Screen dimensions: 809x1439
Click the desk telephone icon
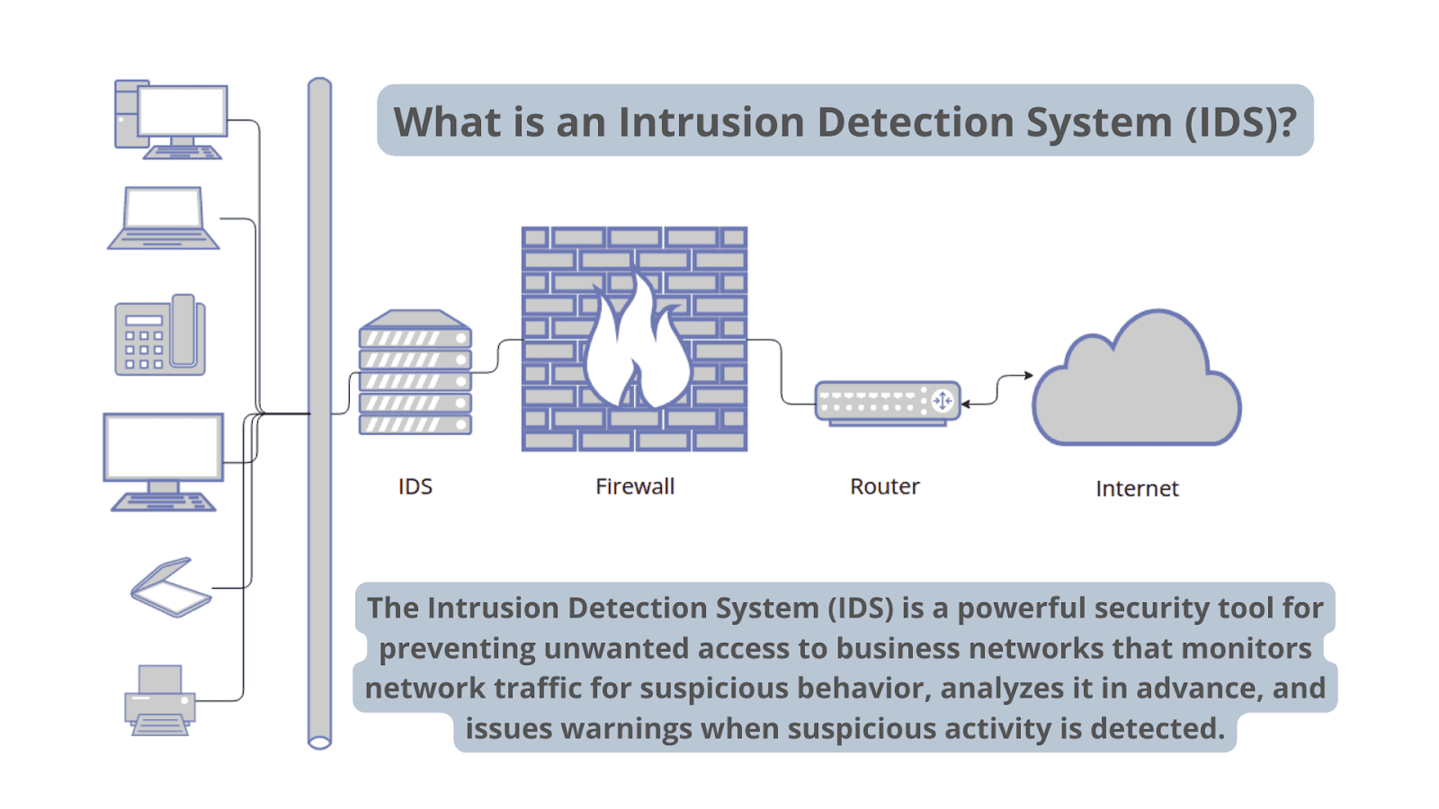click(160, 335)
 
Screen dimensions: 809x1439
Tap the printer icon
click(160, 700)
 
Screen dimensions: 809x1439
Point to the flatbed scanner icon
click(171, 588)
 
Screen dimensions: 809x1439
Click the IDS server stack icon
click(416, 373)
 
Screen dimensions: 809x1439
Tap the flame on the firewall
click(637, 346)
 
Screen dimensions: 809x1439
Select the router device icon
click(887, 402)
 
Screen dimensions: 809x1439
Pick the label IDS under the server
click(416, 486)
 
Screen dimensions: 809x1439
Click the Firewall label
click(635, 486)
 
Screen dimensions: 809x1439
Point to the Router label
click(885, 486)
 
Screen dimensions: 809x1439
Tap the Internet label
click(1137, 488)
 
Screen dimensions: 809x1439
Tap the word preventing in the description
click(457, 648)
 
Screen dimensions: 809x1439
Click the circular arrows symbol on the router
click(943, 401)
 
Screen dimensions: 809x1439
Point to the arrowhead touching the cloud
click(1029, 375)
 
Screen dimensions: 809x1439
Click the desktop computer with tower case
click(171, 120)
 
